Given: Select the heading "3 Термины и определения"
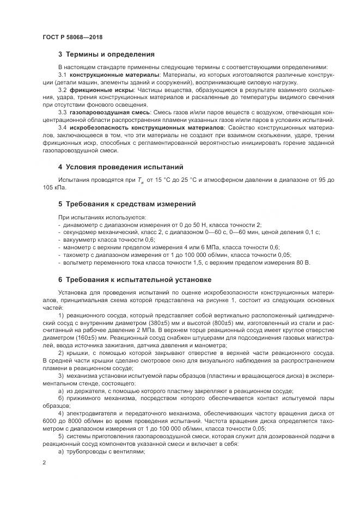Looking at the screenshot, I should click(x=106, y=54).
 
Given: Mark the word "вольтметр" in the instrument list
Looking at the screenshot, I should click(x=77, y=262).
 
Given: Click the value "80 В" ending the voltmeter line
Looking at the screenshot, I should click(x=302, y=262).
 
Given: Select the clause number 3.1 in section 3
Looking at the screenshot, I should click(x=62, y=74).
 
